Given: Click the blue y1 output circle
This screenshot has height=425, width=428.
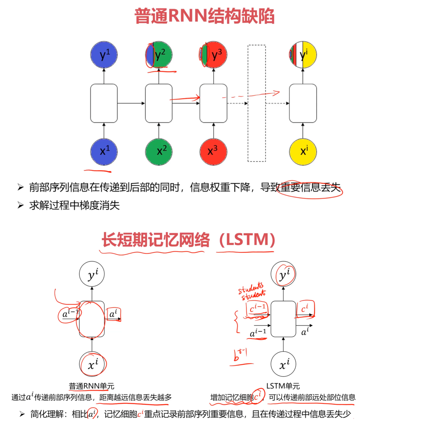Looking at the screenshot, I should click(x=104, y=55).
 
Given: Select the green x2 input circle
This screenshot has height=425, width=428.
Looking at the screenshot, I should click(x=159, y=152).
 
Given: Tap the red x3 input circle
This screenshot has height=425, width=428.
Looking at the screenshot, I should click(x=213, y=152).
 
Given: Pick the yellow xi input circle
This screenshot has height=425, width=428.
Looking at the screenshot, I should click(x=303, y=152).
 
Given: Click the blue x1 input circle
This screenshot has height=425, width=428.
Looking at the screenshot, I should click(x=104, y=152).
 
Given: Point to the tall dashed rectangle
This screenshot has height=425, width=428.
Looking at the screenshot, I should click(x=256, y=103).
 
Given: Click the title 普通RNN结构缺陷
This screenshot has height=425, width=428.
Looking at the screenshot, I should click(x=204, y=16).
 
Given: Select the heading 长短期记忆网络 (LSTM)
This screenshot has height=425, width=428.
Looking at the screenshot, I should click(x=188, y=240).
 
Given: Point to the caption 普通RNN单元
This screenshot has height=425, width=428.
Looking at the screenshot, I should click(x=91, y=386).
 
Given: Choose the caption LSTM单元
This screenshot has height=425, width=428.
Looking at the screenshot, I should click(x=283, y=386).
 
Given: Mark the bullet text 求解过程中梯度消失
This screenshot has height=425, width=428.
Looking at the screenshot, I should click(x=74, y=206).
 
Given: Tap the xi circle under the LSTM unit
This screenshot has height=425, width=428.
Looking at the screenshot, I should click(x=283, y=364).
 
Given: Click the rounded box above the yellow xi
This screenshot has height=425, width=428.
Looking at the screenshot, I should click(x=303, y=103).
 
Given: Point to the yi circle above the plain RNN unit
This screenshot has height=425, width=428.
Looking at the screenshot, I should click(x=92, y=274).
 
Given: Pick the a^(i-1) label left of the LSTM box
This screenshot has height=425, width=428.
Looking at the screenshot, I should click(x=258, y=333).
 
